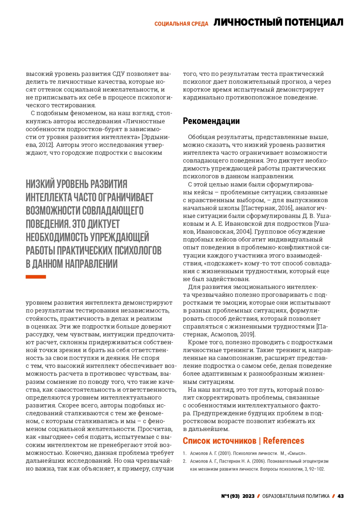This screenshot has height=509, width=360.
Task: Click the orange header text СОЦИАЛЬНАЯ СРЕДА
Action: click(x=181, y=24)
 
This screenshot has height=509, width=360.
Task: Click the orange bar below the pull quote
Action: click(x=36, y=277)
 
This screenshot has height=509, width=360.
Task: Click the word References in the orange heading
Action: click(x=283, y=441)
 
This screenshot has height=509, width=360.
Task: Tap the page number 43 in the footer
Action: click(x=340, y=496)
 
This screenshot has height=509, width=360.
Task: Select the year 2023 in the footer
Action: click(x=248, y=496)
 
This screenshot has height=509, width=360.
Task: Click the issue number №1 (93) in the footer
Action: click(x=230, y=496)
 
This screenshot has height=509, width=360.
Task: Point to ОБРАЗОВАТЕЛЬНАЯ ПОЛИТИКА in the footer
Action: click(x=296, y=496)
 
